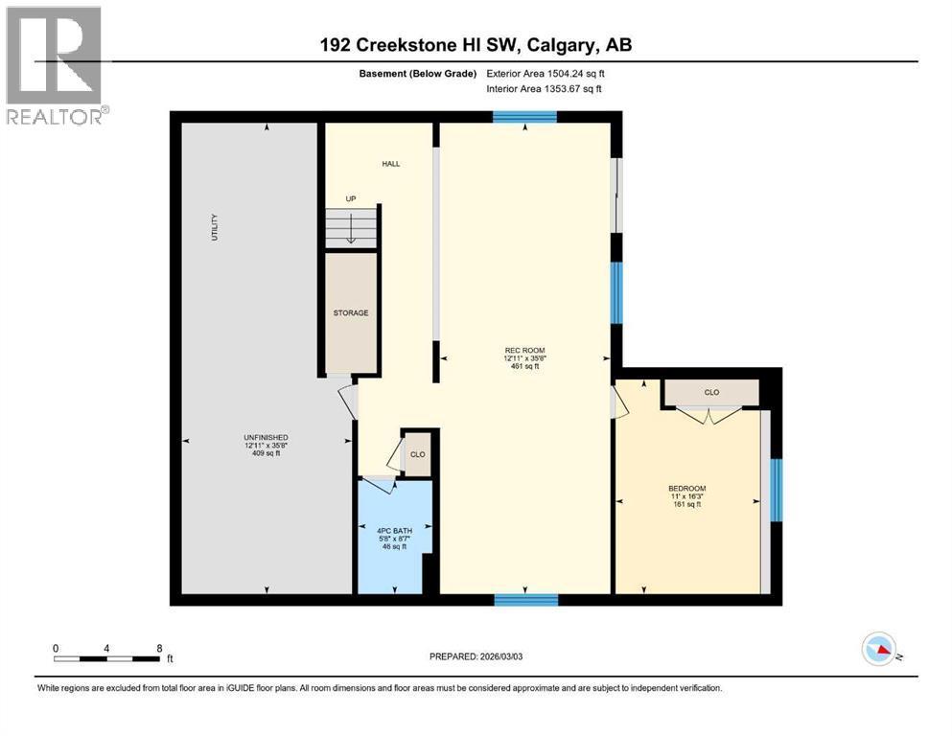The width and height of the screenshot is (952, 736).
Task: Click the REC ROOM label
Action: [524, 350]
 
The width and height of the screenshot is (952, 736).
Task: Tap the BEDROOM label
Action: [686, 489]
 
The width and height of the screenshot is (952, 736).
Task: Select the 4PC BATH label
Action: [394, 531]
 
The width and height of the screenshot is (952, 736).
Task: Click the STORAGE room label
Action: [351, 313]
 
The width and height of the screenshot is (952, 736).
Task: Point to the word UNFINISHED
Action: [266, 437]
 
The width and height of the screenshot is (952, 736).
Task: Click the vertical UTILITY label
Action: [215, 227]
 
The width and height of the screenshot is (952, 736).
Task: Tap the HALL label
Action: [391, 164]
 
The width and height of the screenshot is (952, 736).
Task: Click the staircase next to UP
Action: [352, 227]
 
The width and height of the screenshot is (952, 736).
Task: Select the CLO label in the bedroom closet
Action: [711, 393]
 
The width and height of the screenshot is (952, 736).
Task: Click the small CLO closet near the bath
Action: [418, 454]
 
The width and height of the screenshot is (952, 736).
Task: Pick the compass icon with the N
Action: [879, 649]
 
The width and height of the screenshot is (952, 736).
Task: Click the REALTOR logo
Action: [55, 65]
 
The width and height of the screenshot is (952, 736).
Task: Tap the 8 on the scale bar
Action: [160, 649]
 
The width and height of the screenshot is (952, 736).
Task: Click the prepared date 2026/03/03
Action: [500, 656]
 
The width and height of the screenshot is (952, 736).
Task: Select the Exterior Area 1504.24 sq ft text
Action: [546, 74]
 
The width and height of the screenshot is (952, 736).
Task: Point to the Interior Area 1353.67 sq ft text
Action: [544, 88]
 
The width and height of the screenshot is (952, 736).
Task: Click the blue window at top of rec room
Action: [524, 117]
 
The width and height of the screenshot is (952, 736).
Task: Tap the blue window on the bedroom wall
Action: [777, 490]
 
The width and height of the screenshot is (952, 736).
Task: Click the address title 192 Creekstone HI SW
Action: [418, 45]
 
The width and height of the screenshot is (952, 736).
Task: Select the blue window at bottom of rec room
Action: [525, 600]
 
